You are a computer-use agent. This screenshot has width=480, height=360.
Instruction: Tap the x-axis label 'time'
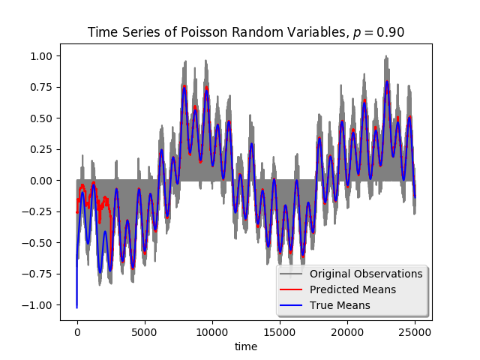coord(246,346)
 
